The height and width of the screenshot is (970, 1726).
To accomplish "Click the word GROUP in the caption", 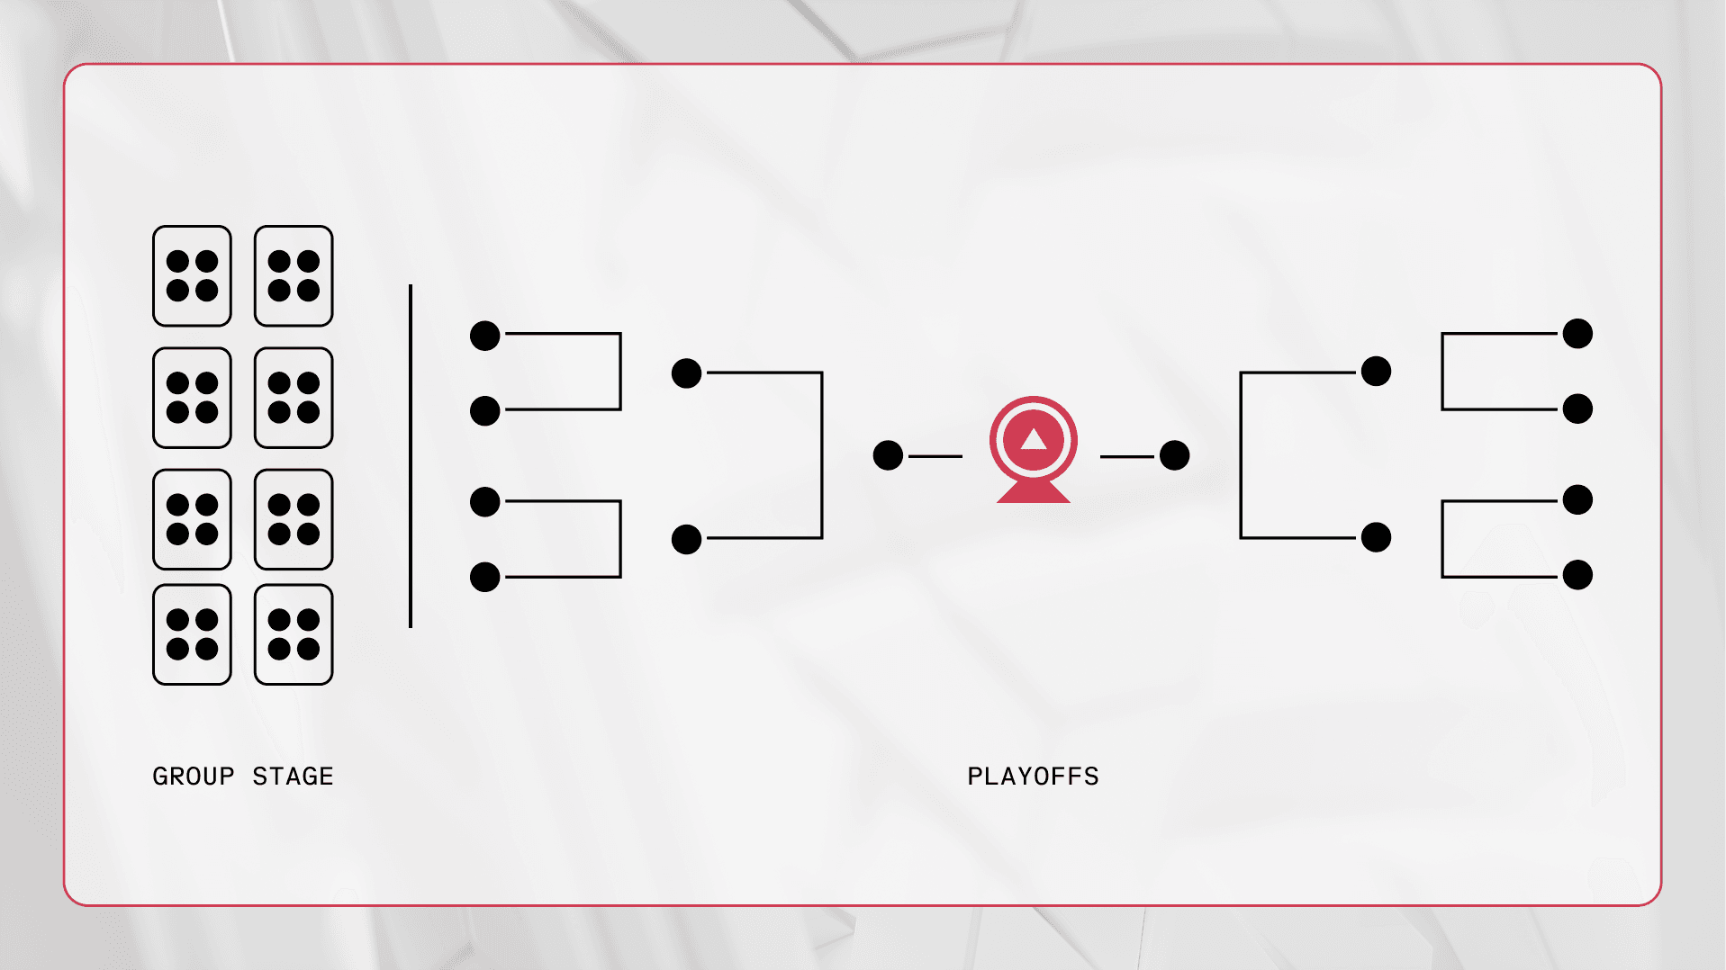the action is (x=194, y=776).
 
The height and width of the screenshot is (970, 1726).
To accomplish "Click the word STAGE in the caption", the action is (x=293, y=776).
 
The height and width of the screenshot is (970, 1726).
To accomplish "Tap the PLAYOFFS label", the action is (x=1033, y=776).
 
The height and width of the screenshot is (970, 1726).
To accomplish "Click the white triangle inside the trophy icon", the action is (x=1034, y=439).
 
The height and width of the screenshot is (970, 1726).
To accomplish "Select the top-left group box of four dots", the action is (x=192, y=275).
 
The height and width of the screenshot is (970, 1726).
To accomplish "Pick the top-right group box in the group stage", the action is (x=294, y=275).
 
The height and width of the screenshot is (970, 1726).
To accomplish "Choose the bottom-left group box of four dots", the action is (x=192, y=634).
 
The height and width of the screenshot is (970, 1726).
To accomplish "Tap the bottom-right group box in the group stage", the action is (x=294, y=634).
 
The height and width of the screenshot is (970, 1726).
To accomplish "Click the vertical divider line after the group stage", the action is (x=411, y=455).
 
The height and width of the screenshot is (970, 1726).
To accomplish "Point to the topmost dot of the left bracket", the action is (x=485, y=336).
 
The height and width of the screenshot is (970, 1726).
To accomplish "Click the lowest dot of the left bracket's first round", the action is (x=485, y=577).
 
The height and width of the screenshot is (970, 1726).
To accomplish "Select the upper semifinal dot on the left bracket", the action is (x=687, y=373).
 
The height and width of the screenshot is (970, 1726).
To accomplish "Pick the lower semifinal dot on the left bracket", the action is (x=687, y=539).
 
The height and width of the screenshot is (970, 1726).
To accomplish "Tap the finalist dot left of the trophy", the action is (x=888, y=455).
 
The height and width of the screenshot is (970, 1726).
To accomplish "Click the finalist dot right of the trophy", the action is (x=1175, y=455).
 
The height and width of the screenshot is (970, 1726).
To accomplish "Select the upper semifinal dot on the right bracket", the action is (x=1377, y=371).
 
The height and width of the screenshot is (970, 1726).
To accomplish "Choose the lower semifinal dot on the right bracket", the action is (x=1377, y=537).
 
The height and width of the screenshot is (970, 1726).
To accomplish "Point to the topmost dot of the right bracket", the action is (x=1578, y=334).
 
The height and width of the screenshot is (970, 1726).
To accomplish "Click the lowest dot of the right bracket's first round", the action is (x=1578, y=575).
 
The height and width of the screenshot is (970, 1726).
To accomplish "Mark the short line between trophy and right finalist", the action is (x=1127, y=456).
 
